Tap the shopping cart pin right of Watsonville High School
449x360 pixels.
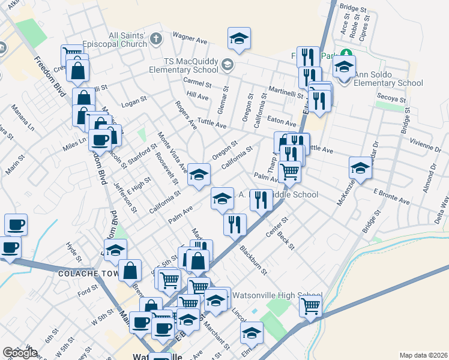311,305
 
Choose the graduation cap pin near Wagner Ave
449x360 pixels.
239,40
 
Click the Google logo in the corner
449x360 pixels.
20,353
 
